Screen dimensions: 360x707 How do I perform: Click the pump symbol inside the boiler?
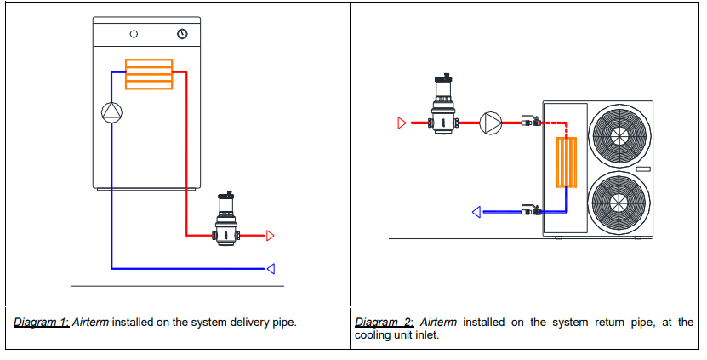pos(111,111)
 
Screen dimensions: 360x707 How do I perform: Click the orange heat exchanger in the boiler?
pos(149,73)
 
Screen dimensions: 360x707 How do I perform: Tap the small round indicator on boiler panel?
pos(134,35)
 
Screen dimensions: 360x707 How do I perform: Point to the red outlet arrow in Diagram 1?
pos(271,235)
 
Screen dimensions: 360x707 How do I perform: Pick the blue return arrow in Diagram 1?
pos(271,269)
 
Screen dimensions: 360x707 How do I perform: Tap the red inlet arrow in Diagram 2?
pos(402,123)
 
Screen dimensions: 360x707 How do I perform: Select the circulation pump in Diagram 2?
pos(491,123)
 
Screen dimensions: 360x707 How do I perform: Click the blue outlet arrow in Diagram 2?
pos(478,211)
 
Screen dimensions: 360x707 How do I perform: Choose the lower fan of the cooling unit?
pos(620,202)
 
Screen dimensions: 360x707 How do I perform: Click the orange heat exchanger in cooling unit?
pos(567,162)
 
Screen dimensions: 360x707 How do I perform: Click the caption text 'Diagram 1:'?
pos(42,323)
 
